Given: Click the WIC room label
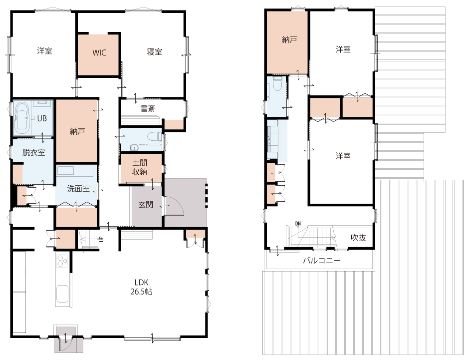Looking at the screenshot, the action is [99, 52].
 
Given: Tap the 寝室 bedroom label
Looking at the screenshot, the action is [154, 52].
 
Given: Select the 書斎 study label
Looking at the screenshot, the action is [148, 108].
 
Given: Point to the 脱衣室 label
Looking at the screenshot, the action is [33, 152].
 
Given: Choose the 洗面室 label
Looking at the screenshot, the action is [78, 189].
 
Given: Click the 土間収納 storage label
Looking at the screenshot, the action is [140, 167].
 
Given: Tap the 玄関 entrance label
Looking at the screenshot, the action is [146, 205].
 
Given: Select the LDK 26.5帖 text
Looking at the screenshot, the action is [141, 287].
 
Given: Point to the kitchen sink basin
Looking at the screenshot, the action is [62, 294].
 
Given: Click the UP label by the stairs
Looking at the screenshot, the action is [101, 239].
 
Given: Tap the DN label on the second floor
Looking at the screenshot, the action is [298, 224].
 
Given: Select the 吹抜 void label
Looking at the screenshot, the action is [358, 237].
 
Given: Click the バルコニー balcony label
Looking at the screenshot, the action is [321, 260].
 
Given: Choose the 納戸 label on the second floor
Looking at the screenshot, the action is [289, 39].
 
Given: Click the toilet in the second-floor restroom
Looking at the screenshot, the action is [277, 83].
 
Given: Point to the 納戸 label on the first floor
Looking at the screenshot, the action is [77, 131].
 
